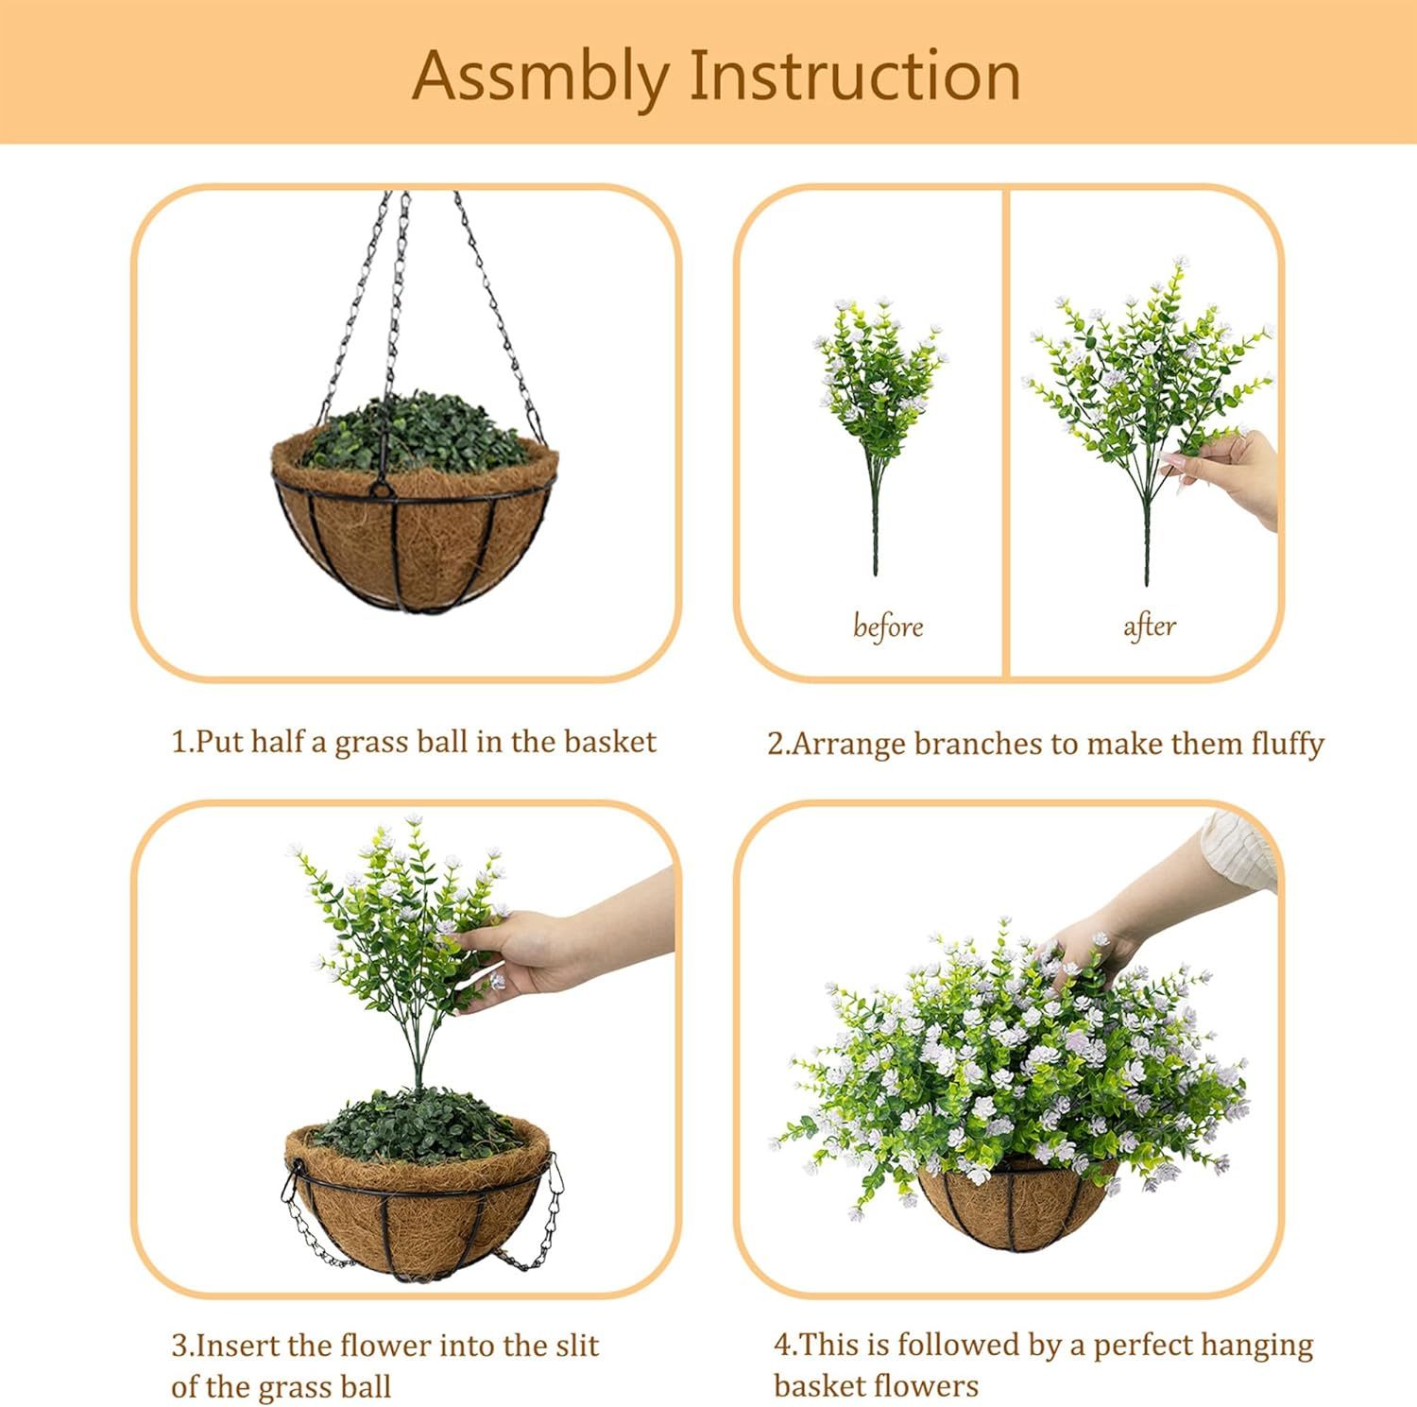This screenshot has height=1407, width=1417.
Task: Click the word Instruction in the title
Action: pyautogui.click(x=855, y=76)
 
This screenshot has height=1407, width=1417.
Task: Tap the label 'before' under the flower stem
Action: pyautogui.click(x=887, y=626)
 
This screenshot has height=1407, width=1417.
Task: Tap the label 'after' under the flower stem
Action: pyautogui.click(x=1149, y=626)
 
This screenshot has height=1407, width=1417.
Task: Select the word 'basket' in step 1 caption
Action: pyautogui.click(x=608, y=742)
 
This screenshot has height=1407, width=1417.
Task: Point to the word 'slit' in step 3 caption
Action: pyautogui.click(x=572, y=1345)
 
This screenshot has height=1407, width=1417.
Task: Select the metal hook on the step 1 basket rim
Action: pyautogui.click(x=381, y=488)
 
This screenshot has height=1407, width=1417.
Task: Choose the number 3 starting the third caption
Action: pyautogui.click(x=179, y=1346)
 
